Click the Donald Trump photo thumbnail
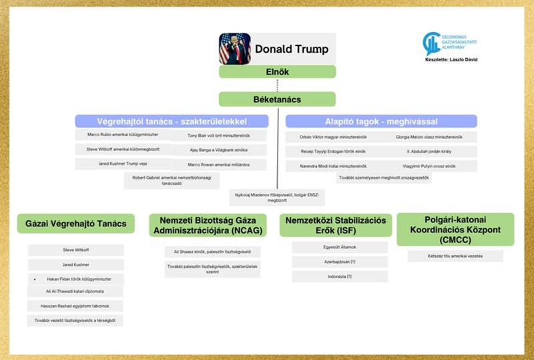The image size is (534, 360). pyautogui.click(x=235, y=49)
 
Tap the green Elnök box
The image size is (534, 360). pyautogui.click(x=277, y=71)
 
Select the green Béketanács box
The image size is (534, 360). pyautogui.click(x=277, y=100)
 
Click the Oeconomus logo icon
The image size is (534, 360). pyautogui.click(x=431, y=43)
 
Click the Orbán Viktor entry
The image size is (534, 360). pyautogui.click(x=326, y=137)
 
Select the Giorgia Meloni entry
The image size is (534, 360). pyautogui.click(x=433, y=137)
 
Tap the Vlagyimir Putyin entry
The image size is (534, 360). pyautogui.click(x=433, y=165)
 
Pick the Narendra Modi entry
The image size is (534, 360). pyautogui.click(x=326, y=165)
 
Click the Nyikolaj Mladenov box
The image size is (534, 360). pyautogui.click(x=277, y=197)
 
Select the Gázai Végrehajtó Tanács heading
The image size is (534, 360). pyautogui.click(x=76, y=223)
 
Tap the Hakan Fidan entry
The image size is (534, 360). pyautogui.click(x=76, y=279)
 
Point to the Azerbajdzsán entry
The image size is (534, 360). pyautogui.click(x=331, y=262)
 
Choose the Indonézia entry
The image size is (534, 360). pyautogui.click(x=331, y=276)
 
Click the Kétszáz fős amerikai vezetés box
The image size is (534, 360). pyautogui.click(x=455, y=256)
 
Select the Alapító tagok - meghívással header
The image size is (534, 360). pyautogui.click(x=381, y=121)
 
